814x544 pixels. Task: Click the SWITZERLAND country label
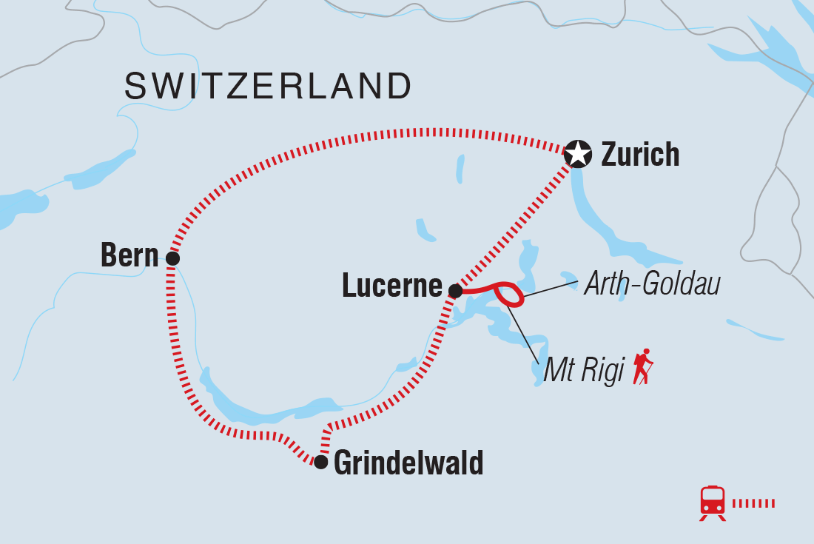(268, 87)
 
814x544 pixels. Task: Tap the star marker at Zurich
(578, 155)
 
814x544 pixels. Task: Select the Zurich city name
(640, 155)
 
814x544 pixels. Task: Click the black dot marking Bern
(172, 258)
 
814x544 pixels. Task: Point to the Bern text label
(130, 256)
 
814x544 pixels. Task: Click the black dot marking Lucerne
(456, 291)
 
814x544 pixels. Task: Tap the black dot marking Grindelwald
(320, 462)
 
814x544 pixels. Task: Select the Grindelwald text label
(408, 463)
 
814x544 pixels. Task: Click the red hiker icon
(642, 366)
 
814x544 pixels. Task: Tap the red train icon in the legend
(713, 503)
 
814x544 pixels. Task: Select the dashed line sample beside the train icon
(753, 503)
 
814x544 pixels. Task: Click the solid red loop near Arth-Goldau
(510, 294)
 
